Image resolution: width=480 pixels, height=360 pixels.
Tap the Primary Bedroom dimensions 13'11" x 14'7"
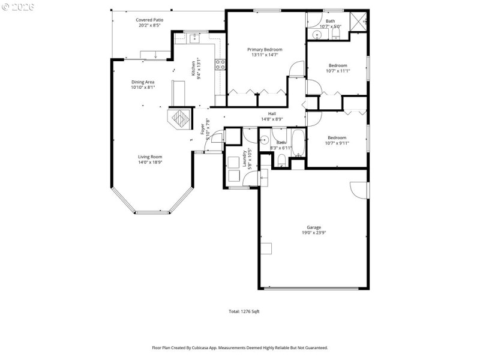pos(265,55)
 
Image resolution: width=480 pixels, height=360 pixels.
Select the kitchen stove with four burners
pos(220,64)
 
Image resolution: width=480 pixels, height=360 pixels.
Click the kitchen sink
pos(195,39)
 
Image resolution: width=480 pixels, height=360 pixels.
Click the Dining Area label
pos(143,82)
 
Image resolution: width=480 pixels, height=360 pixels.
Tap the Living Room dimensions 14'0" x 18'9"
pos(151,162)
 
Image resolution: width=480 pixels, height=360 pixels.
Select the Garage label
pos(314,227)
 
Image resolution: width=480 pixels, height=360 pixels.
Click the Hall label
pos(272,113)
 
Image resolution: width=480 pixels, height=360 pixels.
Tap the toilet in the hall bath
pos(281,160)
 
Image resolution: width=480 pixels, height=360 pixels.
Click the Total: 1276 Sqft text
pos(244,311)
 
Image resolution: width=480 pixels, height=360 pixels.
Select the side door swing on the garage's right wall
pos(359,190)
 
